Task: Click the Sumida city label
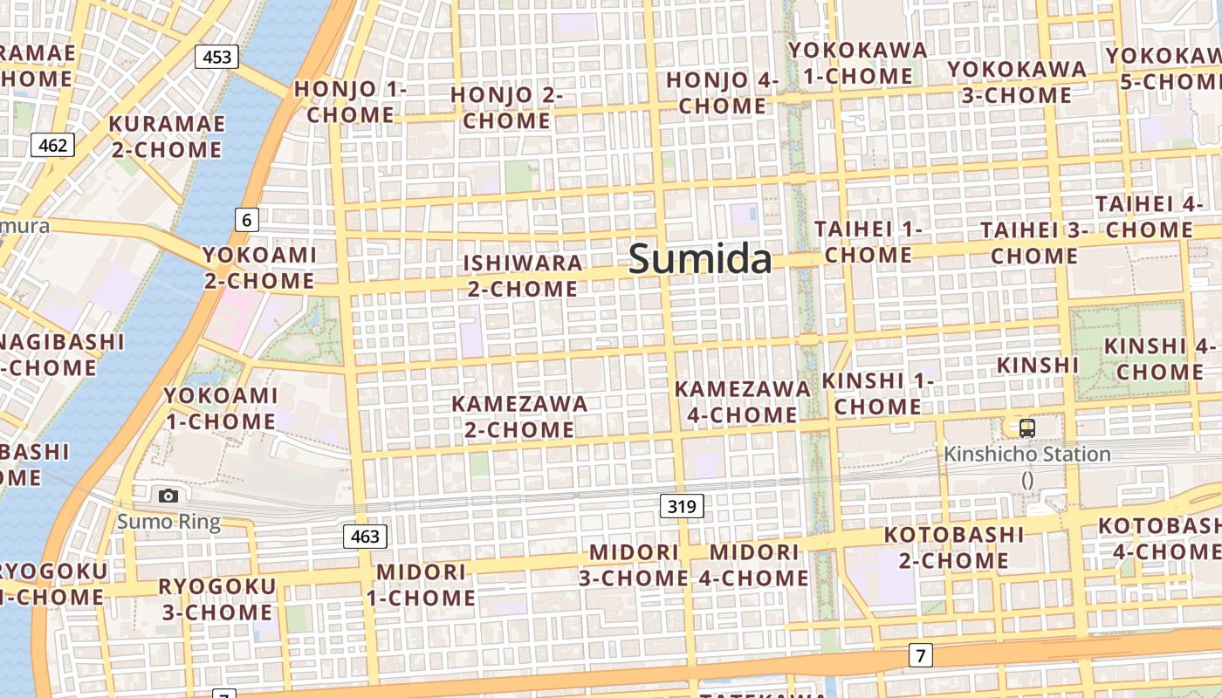point(700,260)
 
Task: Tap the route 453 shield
point(216,58)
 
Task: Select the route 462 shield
point(52,145)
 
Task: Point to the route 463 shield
point(364,536)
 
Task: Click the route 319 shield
point(681,505)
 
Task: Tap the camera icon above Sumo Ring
point(168,496)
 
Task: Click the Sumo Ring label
point(168,522)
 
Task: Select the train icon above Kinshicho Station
point(1027,428)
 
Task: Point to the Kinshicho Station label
point(1027,455)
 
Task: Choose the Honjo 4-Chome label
point(722,93)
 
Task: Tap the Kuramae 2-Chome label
point(166,136)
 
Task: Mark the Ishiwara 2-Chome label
point(522,276)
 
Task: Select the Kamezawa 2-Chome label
point(519,417)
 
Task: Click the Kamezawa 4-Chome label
point(743,401)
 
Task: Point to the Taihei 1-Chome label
point(868,242)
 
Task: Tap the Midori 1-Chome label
point(421,585)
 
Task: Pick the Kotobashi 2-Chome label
point(953,547)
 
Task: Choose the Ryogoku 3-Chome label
point(216,599)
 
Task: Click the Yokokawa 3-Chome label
point(1017,81)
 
